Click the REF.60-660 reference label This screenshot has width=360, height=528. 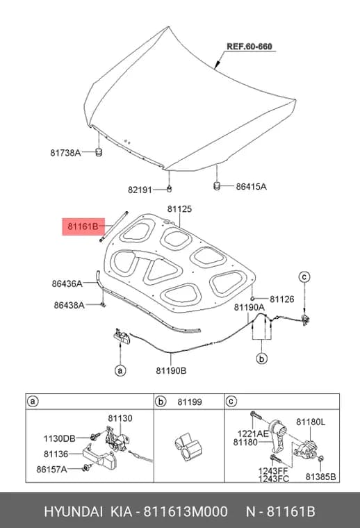(x=249, y=47)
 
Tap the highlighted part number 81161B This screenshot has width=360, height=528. (x=83, y=226)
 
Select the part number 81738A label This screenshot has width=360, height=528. (x=65, y=153)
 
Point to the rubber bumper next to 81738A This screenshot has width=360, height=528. (x=99, y=152)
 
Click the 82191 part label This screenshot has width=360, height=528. (x=140, y=190)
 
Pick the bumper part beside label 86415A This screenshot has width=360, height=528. (x=218, y=185)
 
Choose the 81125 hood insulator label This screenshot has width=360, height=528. (x=179, y=209)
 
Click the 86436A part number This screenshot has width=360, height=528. (x=67, y=283)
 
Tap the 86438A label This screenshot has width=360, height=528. (x=69, y=305)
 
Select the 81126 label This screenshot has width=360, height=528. (x=282, y=299)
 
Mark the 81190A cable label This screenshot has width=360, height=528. (x=249, y=307)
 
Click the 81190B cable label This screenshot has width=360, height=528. (x=171, y=371)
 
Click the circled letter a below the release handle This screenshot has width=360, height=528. (x=120, y=371)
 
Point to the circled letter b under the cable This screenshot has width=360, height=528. (x=262, y=358)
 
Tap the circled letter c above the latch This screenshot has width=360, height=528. (x=304, y=277)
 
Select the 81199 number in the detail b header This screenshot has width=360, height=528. (x=190, y=402)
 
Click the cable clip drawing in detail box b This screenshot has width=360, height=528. (x=188, y=447)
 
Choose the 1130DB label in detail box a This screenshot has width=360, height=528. (x=59, y=439)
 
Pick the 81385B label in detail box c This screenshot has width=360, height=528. (x=320, y=477)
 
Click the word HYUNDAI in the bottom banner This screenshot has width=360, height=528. (x=73, y=511)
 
